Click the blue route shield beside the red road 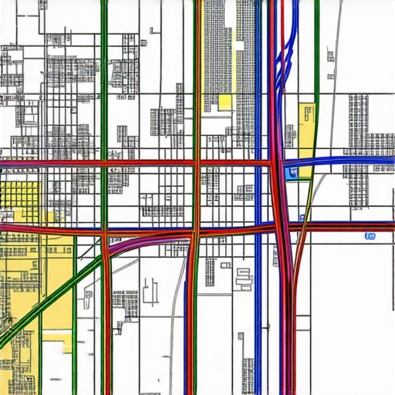pyautogui.click(x=370, y=235)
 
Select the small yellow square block pyautogui.click(x=225, y=103)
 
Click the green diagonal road pyautogui.click(x=46, y=301)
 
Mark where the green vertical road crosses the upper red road pyautogui.click(x=104, y=164)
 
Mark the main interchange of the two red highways pyautogui.click(x=278, y=226)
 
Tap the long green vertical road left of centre pyautogui.click(x=104, y=93)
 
